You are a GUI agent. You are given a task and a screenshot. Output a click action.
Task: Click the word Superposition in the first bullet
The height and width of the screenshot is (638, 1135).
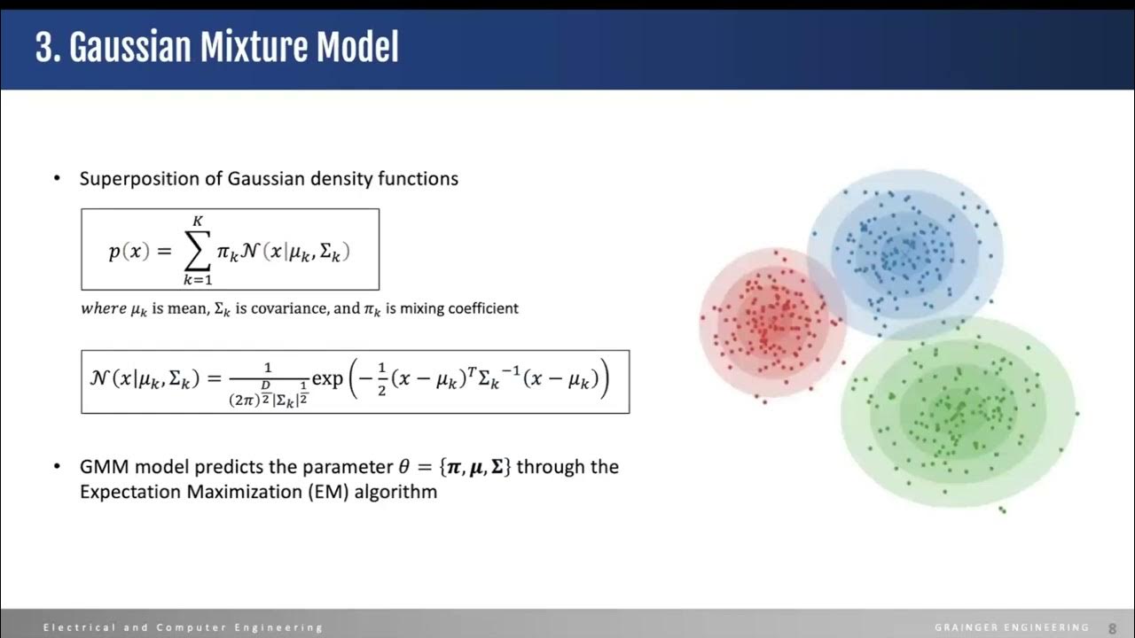pos(136,178)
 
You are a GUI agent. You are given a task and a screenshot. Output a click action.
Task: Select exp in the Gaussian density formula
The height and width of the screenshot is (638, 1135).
pos(327,380)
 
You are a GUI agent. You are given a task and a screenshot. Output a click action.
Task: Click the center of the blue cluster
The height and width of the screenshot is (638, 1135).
pos(905,253)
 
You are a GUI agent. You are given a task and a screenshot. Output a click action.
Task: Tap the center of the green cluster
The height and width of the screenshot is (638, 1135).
pos(959,412)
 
